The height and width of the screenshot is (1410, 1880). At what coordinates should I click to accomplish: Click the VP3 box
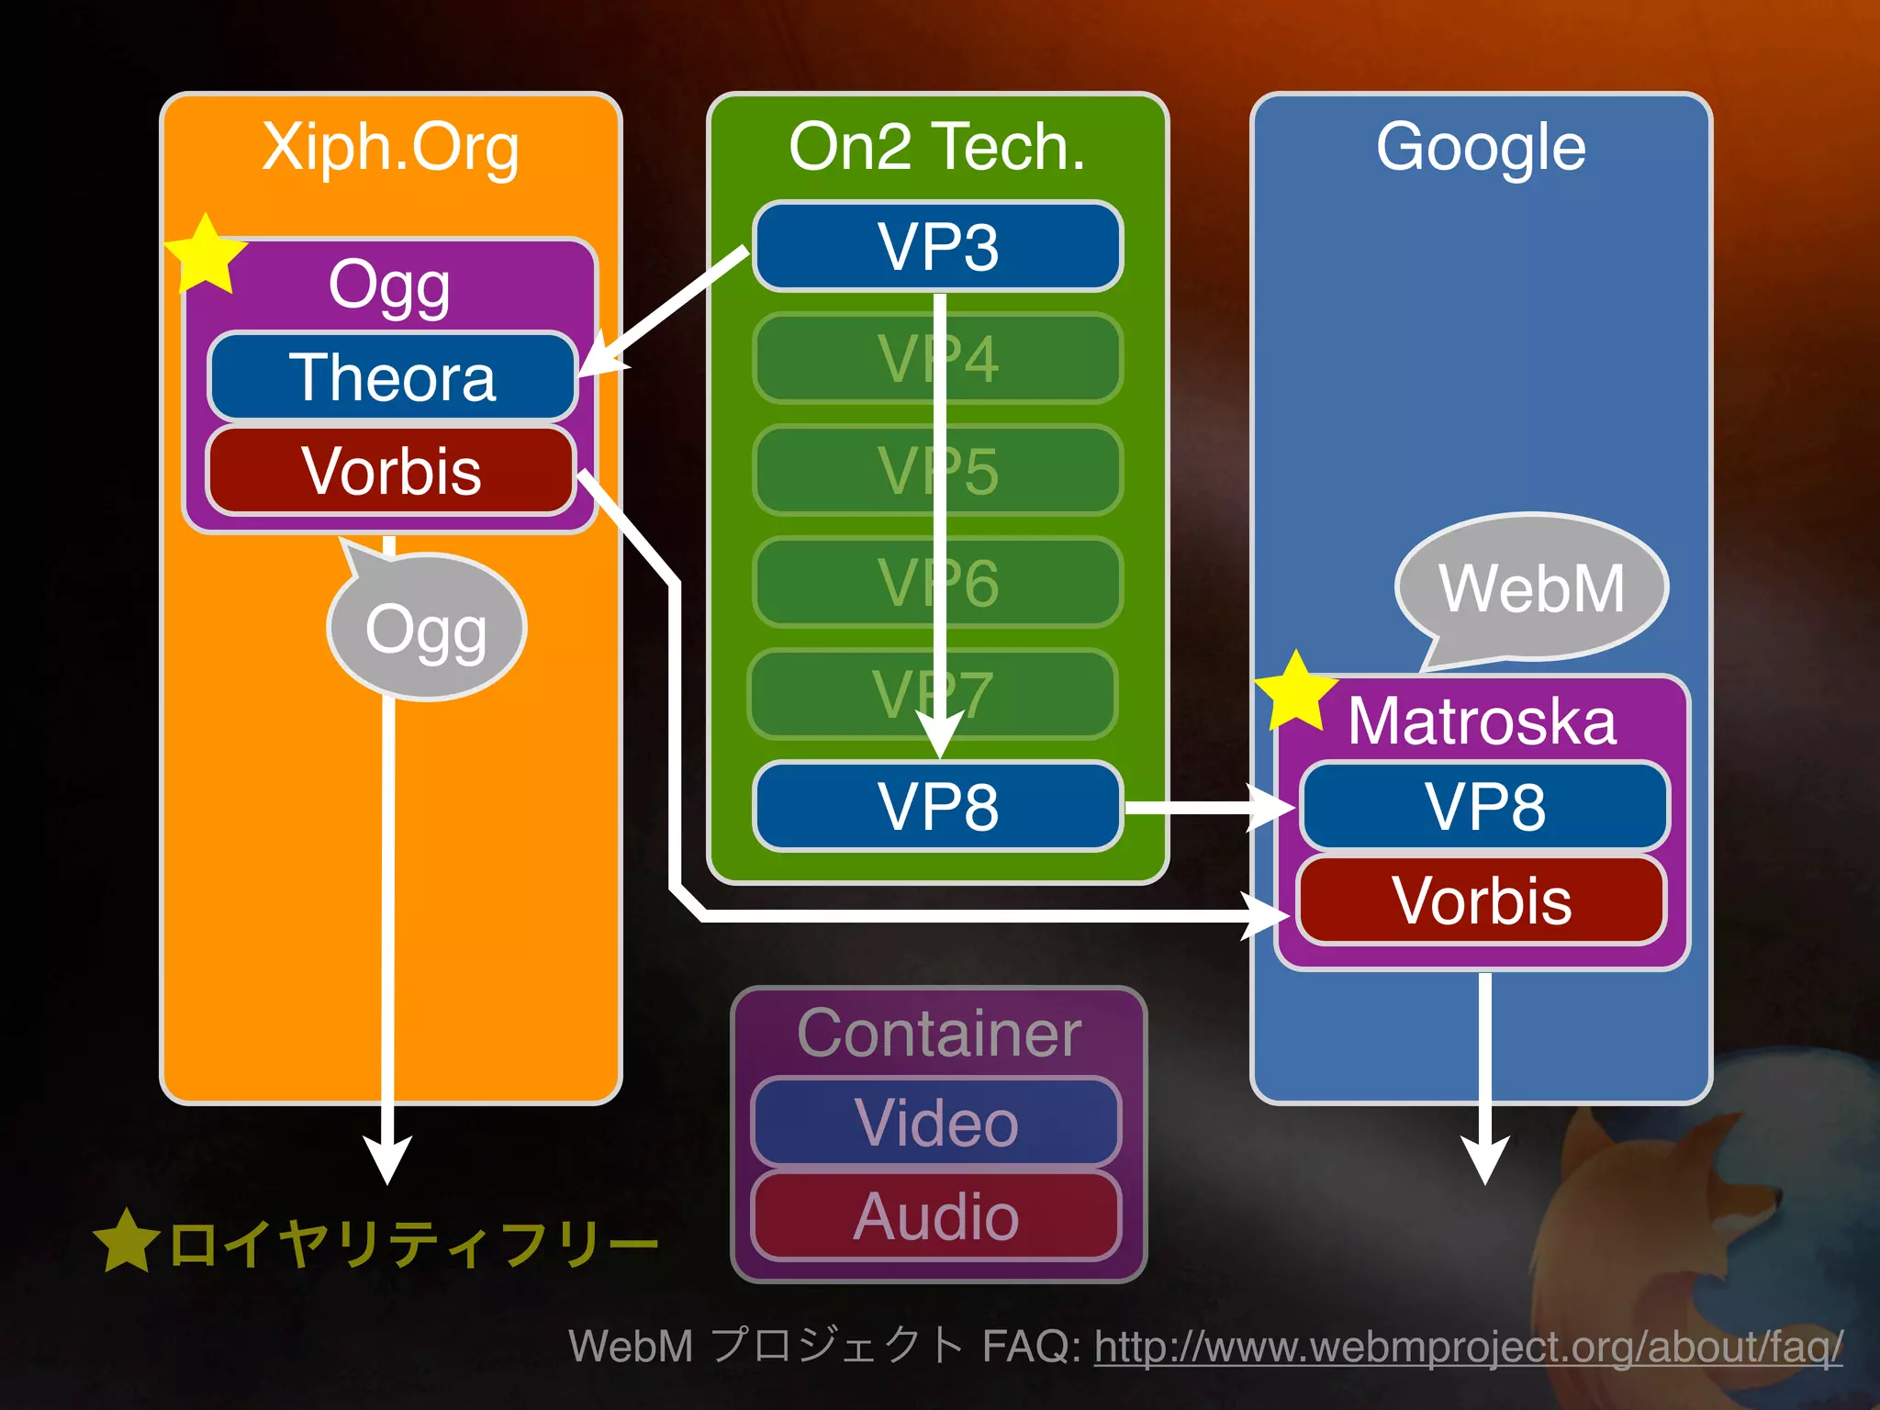click(937, 246)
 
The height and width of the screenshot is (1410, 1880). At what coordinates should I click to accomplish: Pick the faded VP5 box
click(937, 470)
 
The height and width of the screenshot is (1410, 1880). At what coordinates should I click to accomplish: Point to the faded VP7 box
click(933, 694)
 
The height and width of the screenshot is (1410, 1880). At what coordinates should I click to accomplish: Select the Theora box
click(393, 377)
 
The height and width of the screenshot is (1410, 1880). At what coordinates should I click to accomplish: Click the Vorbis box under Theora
click(391, 471)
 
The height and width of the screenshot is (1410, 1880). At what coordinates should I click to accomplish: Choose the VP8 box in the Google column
click(1483, 806)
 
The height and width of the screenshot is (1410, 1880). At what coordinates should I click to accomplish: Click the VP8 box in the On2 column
click(937, 806)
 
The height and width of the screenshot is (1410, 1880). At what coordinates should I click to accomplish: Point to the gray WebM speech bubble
click(1531, 588)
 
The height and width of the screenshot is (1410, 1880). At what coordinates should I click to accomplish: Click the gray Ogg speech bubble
click(427, 629)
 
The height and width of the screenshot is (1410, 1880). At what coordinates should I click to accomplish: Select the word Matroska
click(1482, 722)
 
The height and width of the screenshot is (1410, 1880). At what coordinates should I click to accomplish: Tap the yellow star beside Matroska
click(1295, 694)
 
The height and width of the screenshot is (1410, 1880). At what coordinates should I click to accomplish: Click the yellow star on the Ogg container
click(206, 256)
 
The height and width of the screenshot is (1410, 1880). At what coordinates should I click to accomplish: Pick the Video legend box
click(936, 1123)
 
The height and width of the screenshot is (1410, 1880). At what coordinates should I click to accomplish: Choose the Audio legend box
click(936, 1216)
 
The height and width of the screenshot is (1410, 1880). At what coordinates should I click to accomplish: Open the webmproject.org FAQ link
click(1467, 1347)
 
